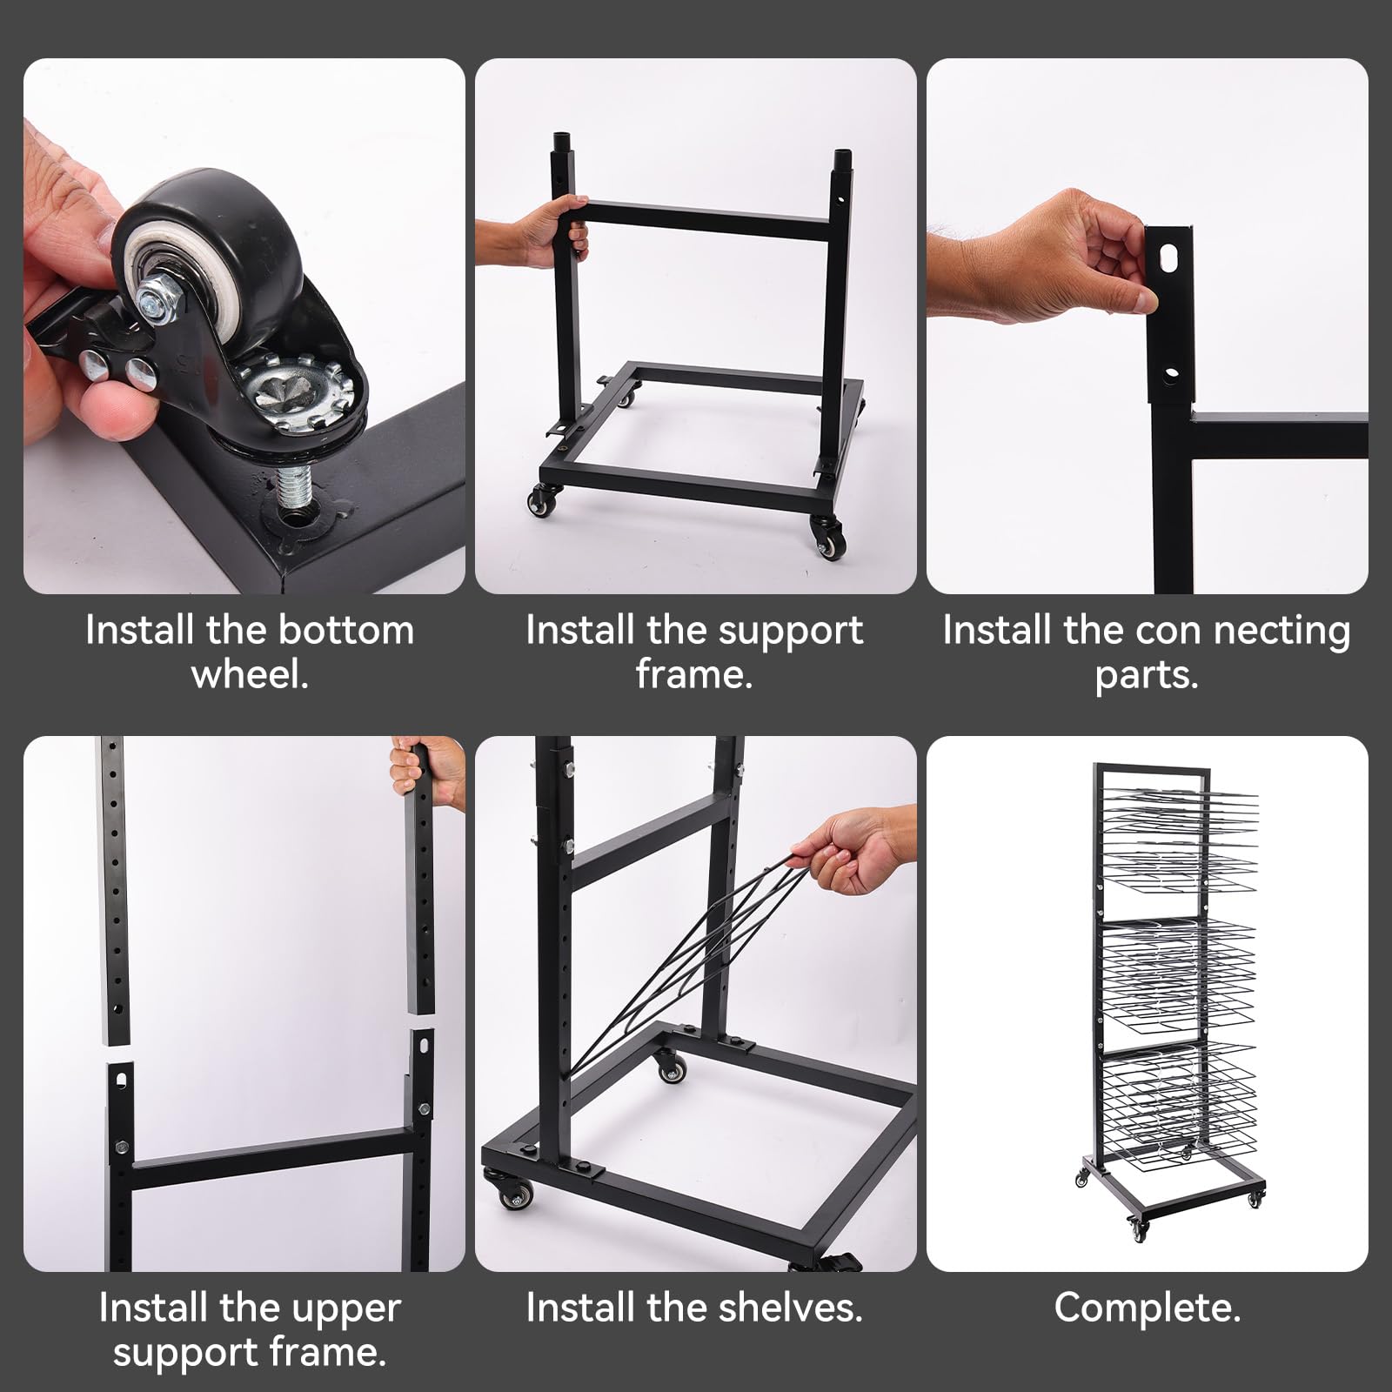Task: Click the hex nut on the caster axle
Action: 160,297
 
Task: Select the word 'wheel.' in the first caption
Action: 250,675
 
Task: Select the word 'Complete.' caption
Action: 1147,1308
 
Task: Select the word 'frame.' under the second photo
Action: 694,675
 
